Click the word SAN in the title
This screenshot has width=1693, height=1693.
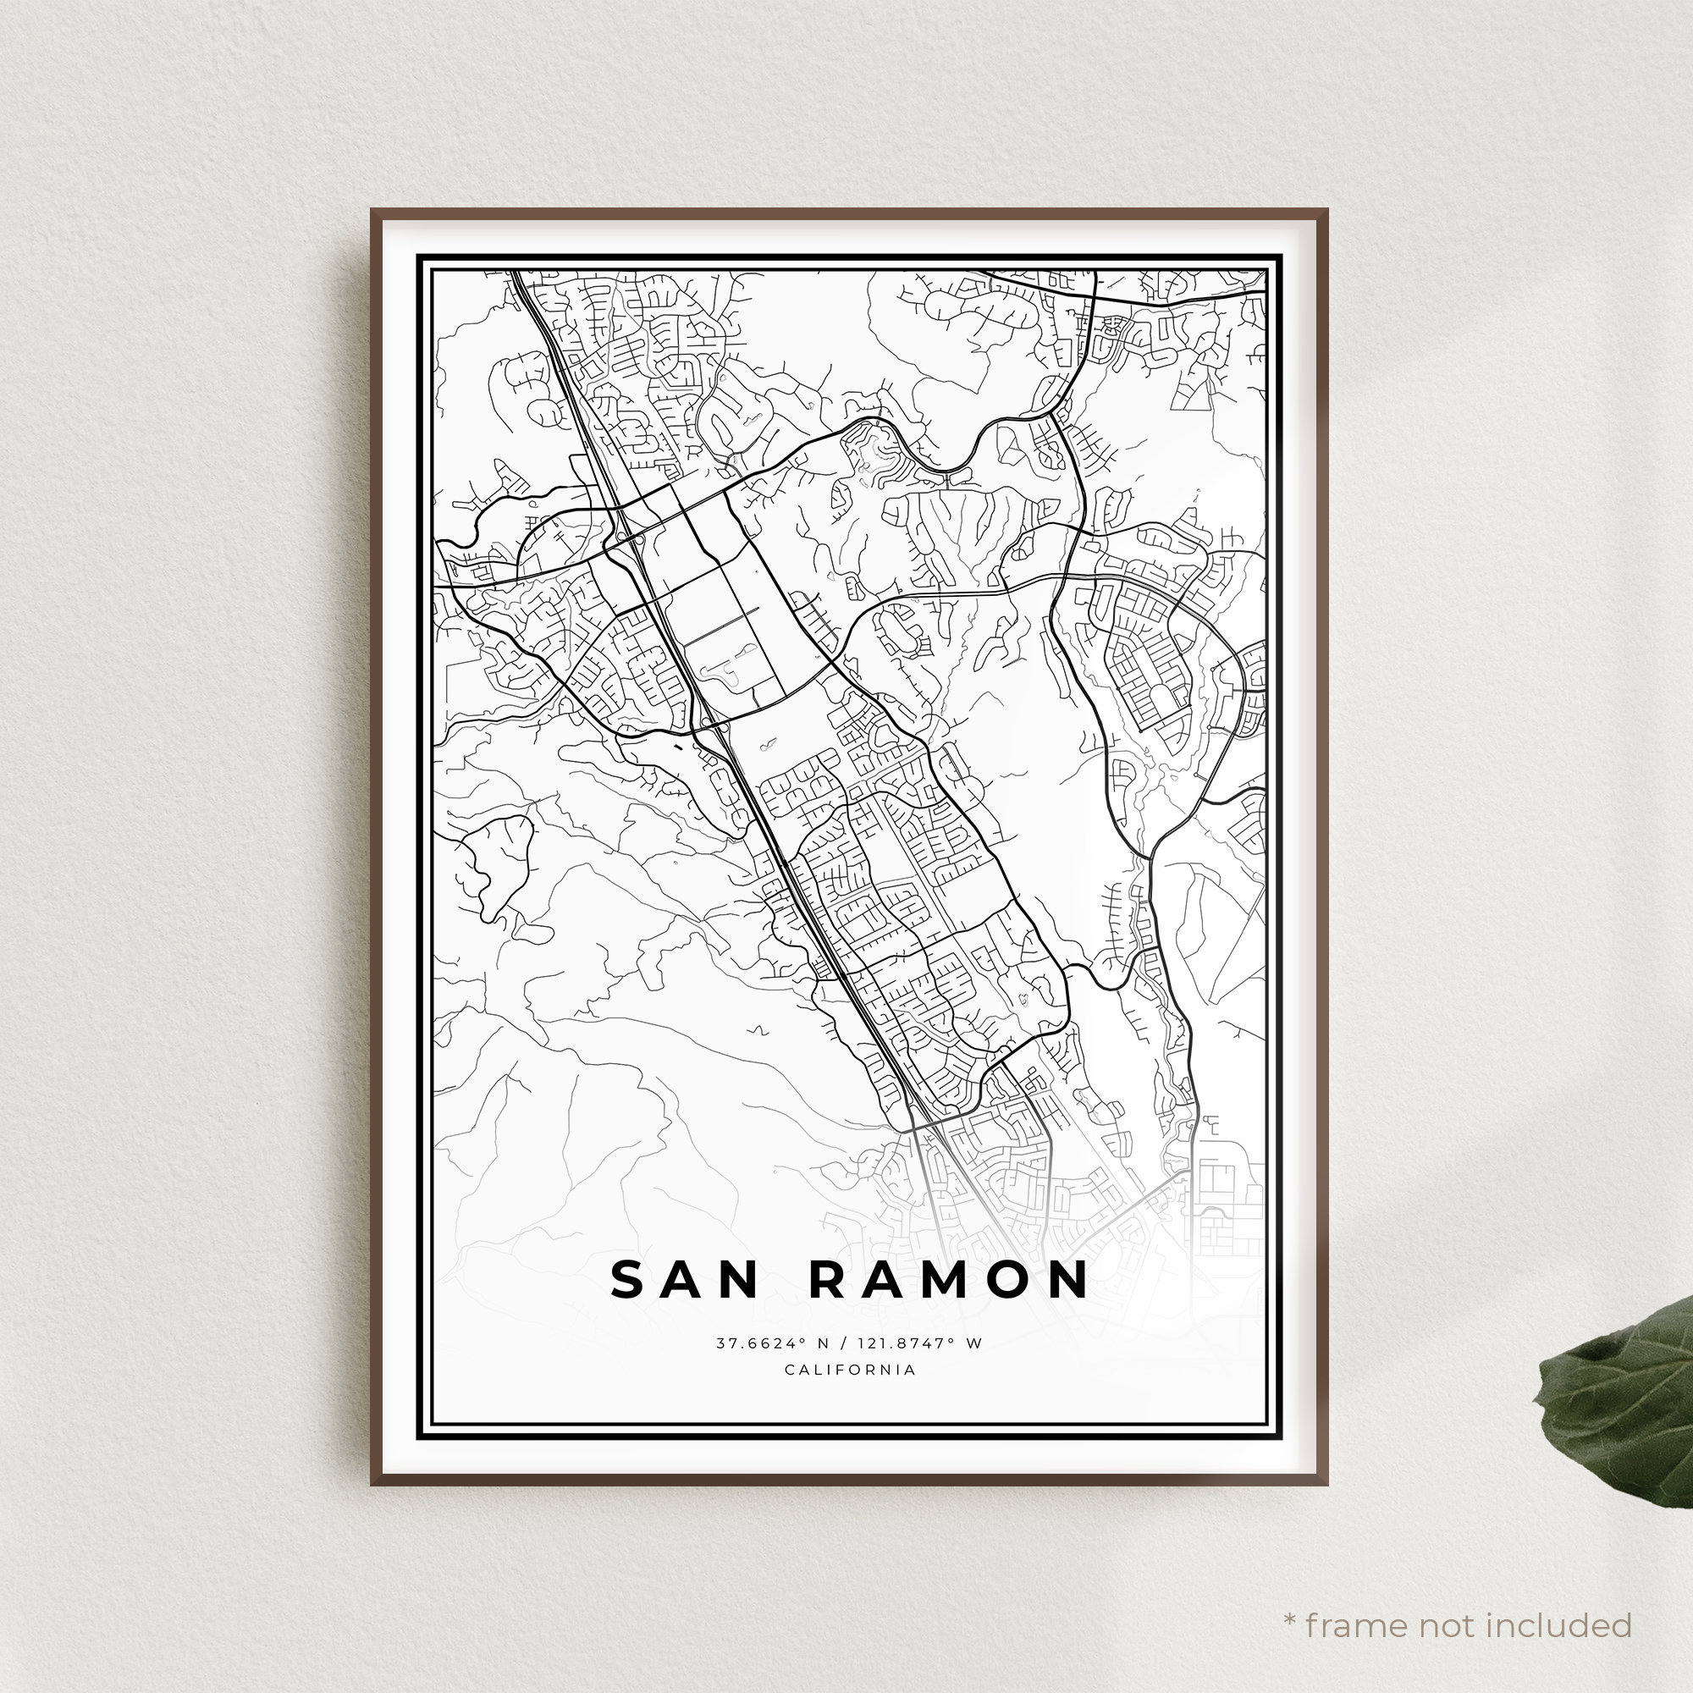683,1280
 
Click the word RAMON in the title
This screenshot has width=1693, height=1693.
948,1280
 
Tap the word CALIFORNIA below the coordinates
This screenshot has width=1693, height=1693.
850,1370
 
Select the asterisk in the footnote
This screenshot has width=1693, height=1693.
1289,1596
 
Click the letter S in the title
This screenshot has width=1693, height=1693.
627,1280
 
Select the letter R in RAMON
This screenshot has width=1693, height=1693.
825,1280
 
